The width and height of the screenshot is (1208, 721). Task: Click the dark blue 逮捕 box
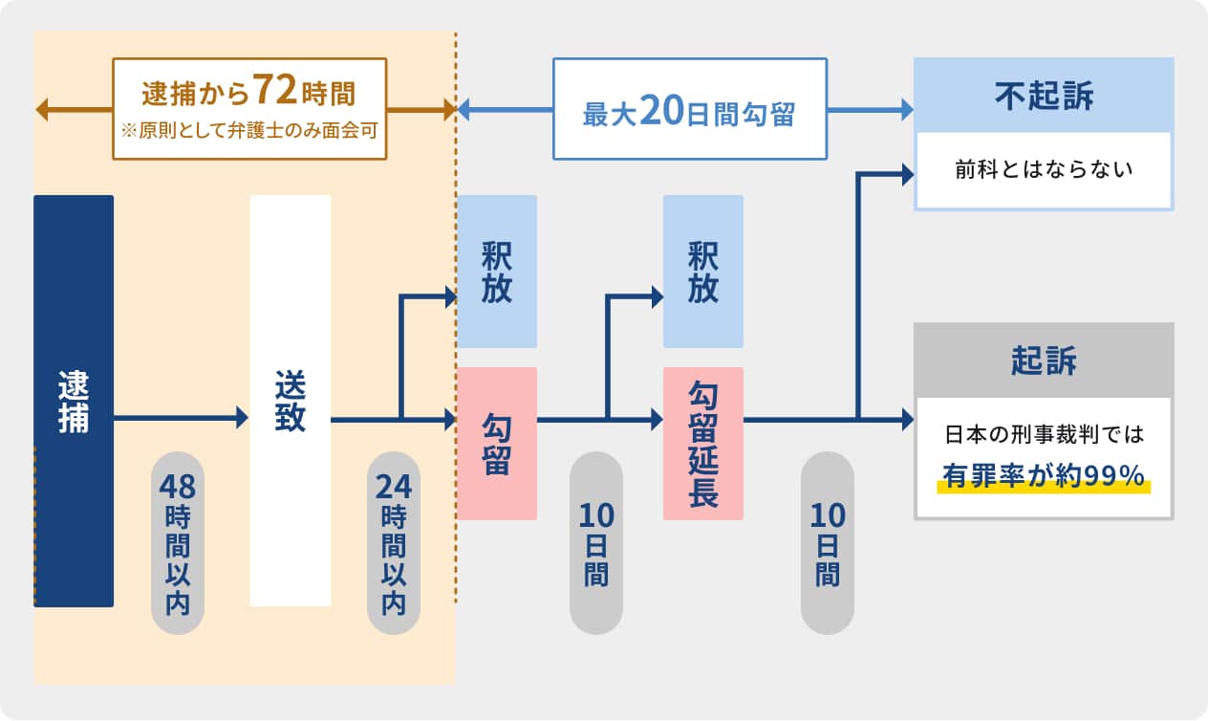click(74, 401)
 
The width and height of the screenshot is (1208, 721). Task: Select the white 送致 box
click(290, 401)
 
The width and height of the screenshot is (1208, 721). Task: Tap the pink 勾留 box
click(496, 444)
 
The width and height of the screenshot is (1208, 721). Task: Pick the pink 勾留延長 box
click(703, 444)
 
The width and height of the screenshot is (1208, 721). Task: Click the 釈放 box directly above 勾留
click(496, 272)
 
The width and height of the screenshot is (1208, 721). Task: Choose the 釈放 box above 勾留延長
click(703, 272)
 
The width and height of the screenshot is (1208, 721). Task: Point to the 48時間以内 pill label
click(178, 543)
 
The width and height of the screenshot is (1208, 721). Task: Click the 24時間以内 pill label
click(394, 543)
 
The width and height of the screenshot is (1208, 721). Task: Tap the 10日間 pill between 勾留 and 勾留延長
click(596, 543)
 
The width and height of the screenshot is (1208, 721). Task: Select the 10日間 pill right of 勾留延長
click(828, 543)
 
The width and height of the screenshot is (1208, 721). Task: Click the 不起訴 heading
click(1044, 97)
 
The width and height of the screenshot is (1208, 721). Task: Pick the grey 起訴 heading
click(1044, 360)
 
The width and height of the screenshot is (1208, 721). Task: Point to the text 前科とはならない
click(1044, 170)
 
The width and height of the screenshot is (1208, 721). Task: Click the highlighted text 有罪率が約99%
click(1044, 475)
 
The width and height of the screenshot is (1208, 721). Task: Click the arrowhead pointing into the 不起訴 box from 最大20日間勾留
click(906, 111)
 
